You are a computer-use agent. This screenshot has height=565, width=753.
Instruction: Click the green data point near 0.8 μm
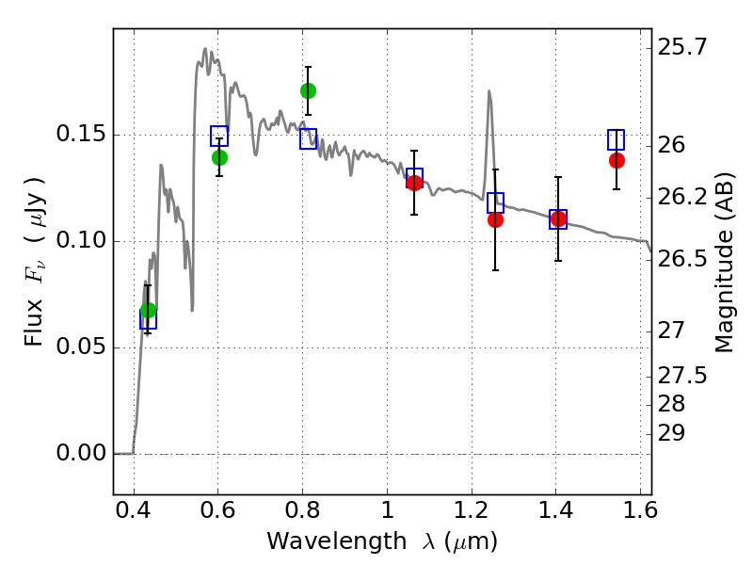click(309, 90)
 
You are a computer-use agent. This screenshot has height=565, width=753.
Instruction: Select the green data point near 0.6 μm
click(219, 157)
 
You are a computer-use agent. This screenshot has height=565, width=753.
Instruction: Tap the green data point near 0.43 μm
click(149, 311)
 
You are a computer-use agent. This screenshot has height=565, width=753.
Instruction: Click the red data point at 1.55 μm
click(617, 160)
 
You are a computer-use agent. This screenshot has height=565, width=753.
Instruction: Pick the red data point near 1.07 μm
click(414, 183)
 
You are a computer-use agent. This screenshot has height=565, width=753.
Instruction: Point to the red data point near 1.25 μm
click(496, 220)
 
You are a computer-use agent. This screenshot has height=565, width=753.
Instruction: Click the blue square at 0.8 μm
click(309, 138)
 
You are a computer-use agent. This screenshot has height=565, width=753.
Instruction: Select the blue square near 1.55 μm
click(617, 139)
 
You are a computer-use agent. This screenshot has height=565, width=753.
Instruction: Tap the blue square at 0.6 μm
click(219, 136)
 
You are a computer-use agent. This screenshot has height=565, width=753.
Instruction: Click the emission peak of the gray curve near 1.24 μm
click(489, 90)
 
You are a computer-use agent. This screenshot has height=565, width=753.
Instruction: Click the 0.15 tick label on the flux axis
click(81, 134)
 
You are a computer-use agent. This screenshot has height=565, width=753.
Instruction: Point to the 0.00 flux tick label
click(81, 453)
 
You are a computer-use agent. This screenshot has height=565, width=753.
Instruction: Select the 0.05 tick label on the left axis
click(81, 347)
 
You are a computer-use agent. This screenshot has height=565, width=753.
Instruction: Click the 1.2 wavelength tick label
click(472, 510)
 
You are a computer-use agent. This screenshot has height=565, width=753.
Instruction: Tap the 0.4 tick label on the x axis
click(134, 510)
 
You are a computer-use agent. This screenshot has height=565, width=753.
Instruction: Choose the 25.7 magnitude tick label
click(682, 48)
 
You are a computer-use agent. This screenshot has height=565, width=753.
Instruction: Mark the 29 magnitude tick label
click(671, 434)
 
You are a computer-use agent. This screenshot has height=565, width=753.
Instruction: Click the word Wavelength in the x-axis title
click(337, 541)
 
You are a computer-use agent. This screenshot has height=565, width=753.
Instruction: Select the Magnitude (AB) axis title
click(725, 263)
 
